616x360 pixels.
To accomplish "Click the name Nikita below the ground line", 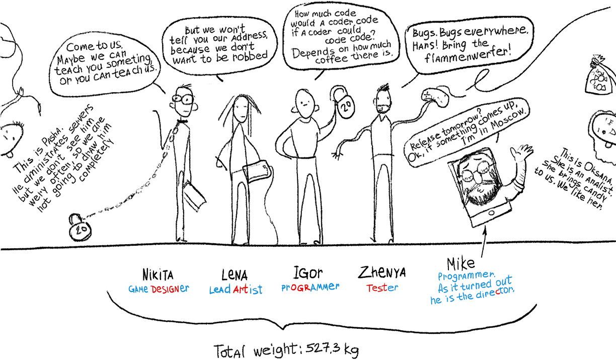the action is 158,275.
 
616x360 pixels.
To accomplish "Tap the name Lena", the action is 235,275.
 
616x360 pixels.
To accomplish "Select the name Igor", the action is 307,273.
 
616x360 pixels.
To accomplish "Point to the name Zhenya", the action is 381,272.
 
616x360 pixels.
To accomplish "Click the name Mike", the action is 460,264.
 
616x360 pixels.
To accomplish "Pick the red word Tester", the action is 382,288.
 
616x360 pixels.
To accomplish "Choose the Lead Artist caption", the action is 236,290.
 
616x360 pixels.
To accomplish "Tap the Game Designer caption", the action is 159,289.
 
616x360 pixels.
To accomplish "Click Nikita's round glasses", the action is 183,99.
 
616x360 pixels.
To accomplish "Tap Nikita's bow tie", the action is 182,121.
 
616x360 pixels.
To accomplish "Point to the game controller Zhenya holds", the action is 435,97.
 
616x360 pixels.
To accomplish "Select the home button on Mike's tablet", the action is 491,212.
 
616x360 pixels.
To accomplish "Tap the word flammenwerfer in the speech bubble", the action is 468,55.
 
